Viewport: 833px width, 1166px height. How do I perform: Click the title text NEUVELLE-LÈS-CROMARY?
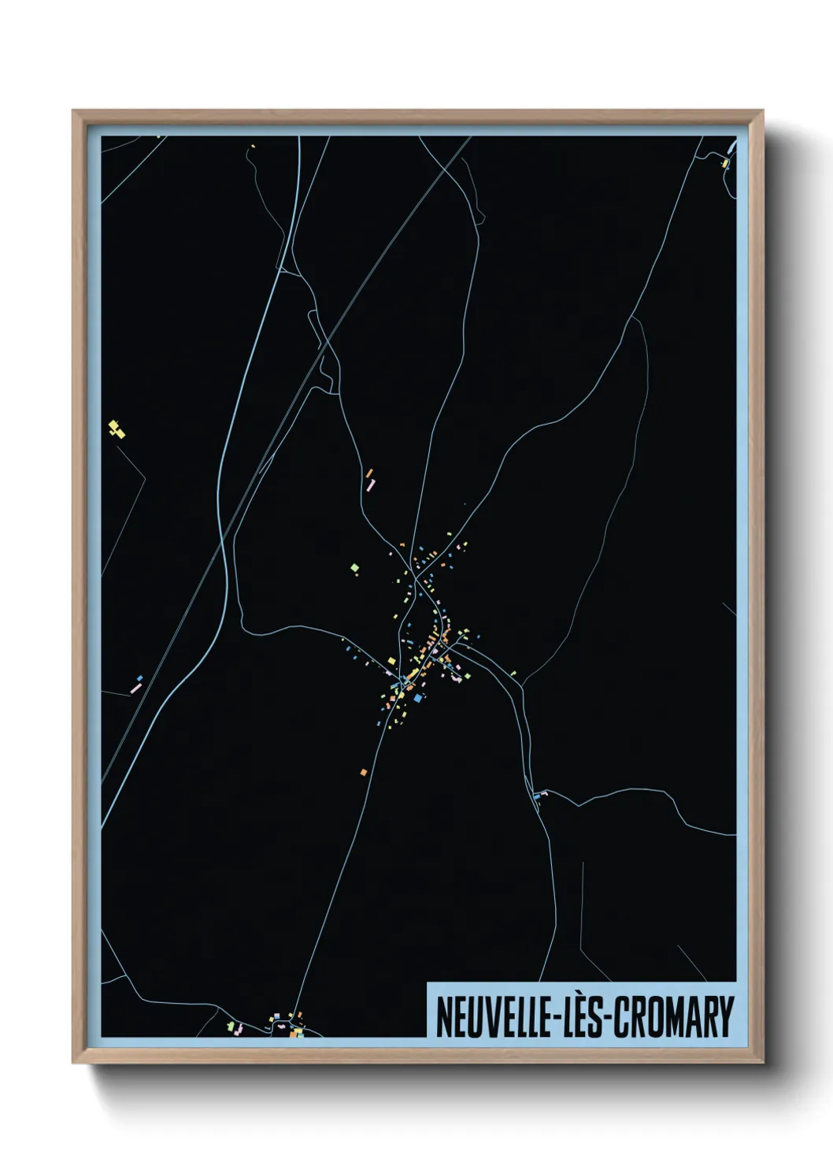coord(584,1016)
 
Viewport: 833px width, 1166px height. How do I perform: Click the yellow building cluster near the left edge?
coord(117,429)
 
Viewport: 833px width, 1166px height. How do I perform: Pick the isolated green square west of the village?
coord(355,567)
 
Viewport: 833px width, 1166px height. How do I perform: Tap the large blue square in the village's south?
coord(418,697)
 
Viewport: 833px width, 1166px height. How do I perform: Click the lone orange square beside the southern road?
coord(363,772)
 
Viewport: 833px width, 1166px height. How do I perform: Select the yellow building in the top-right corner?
coord(724,164)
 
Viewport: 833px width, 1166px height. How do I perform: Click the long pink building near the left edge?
coord(135,689)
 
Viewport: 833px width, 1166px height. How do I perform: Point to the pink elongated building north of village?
coord(370,485)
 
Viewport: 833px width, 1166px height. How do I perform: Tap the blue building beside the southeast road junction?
coord(538,797)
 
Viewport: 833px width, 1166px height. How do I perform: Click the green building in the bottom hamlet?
coord(231,1027)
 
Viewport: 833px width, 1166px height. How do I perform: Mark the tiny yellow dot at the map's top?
coord(253,146)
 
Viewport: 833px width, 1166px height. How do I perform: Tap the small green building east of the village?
coord(513,673)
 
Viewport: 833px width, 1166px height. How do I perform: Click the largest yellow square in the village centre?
coord(391,660)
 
